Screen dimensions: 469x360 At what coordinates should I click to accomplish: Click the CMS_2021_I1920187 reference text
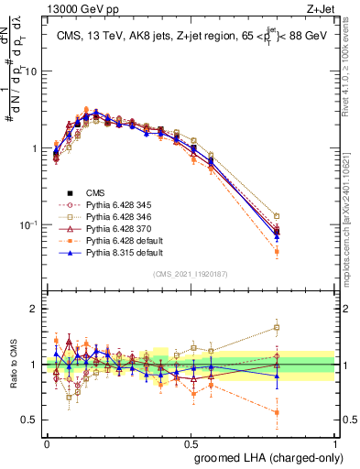[x=191, y=273]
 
